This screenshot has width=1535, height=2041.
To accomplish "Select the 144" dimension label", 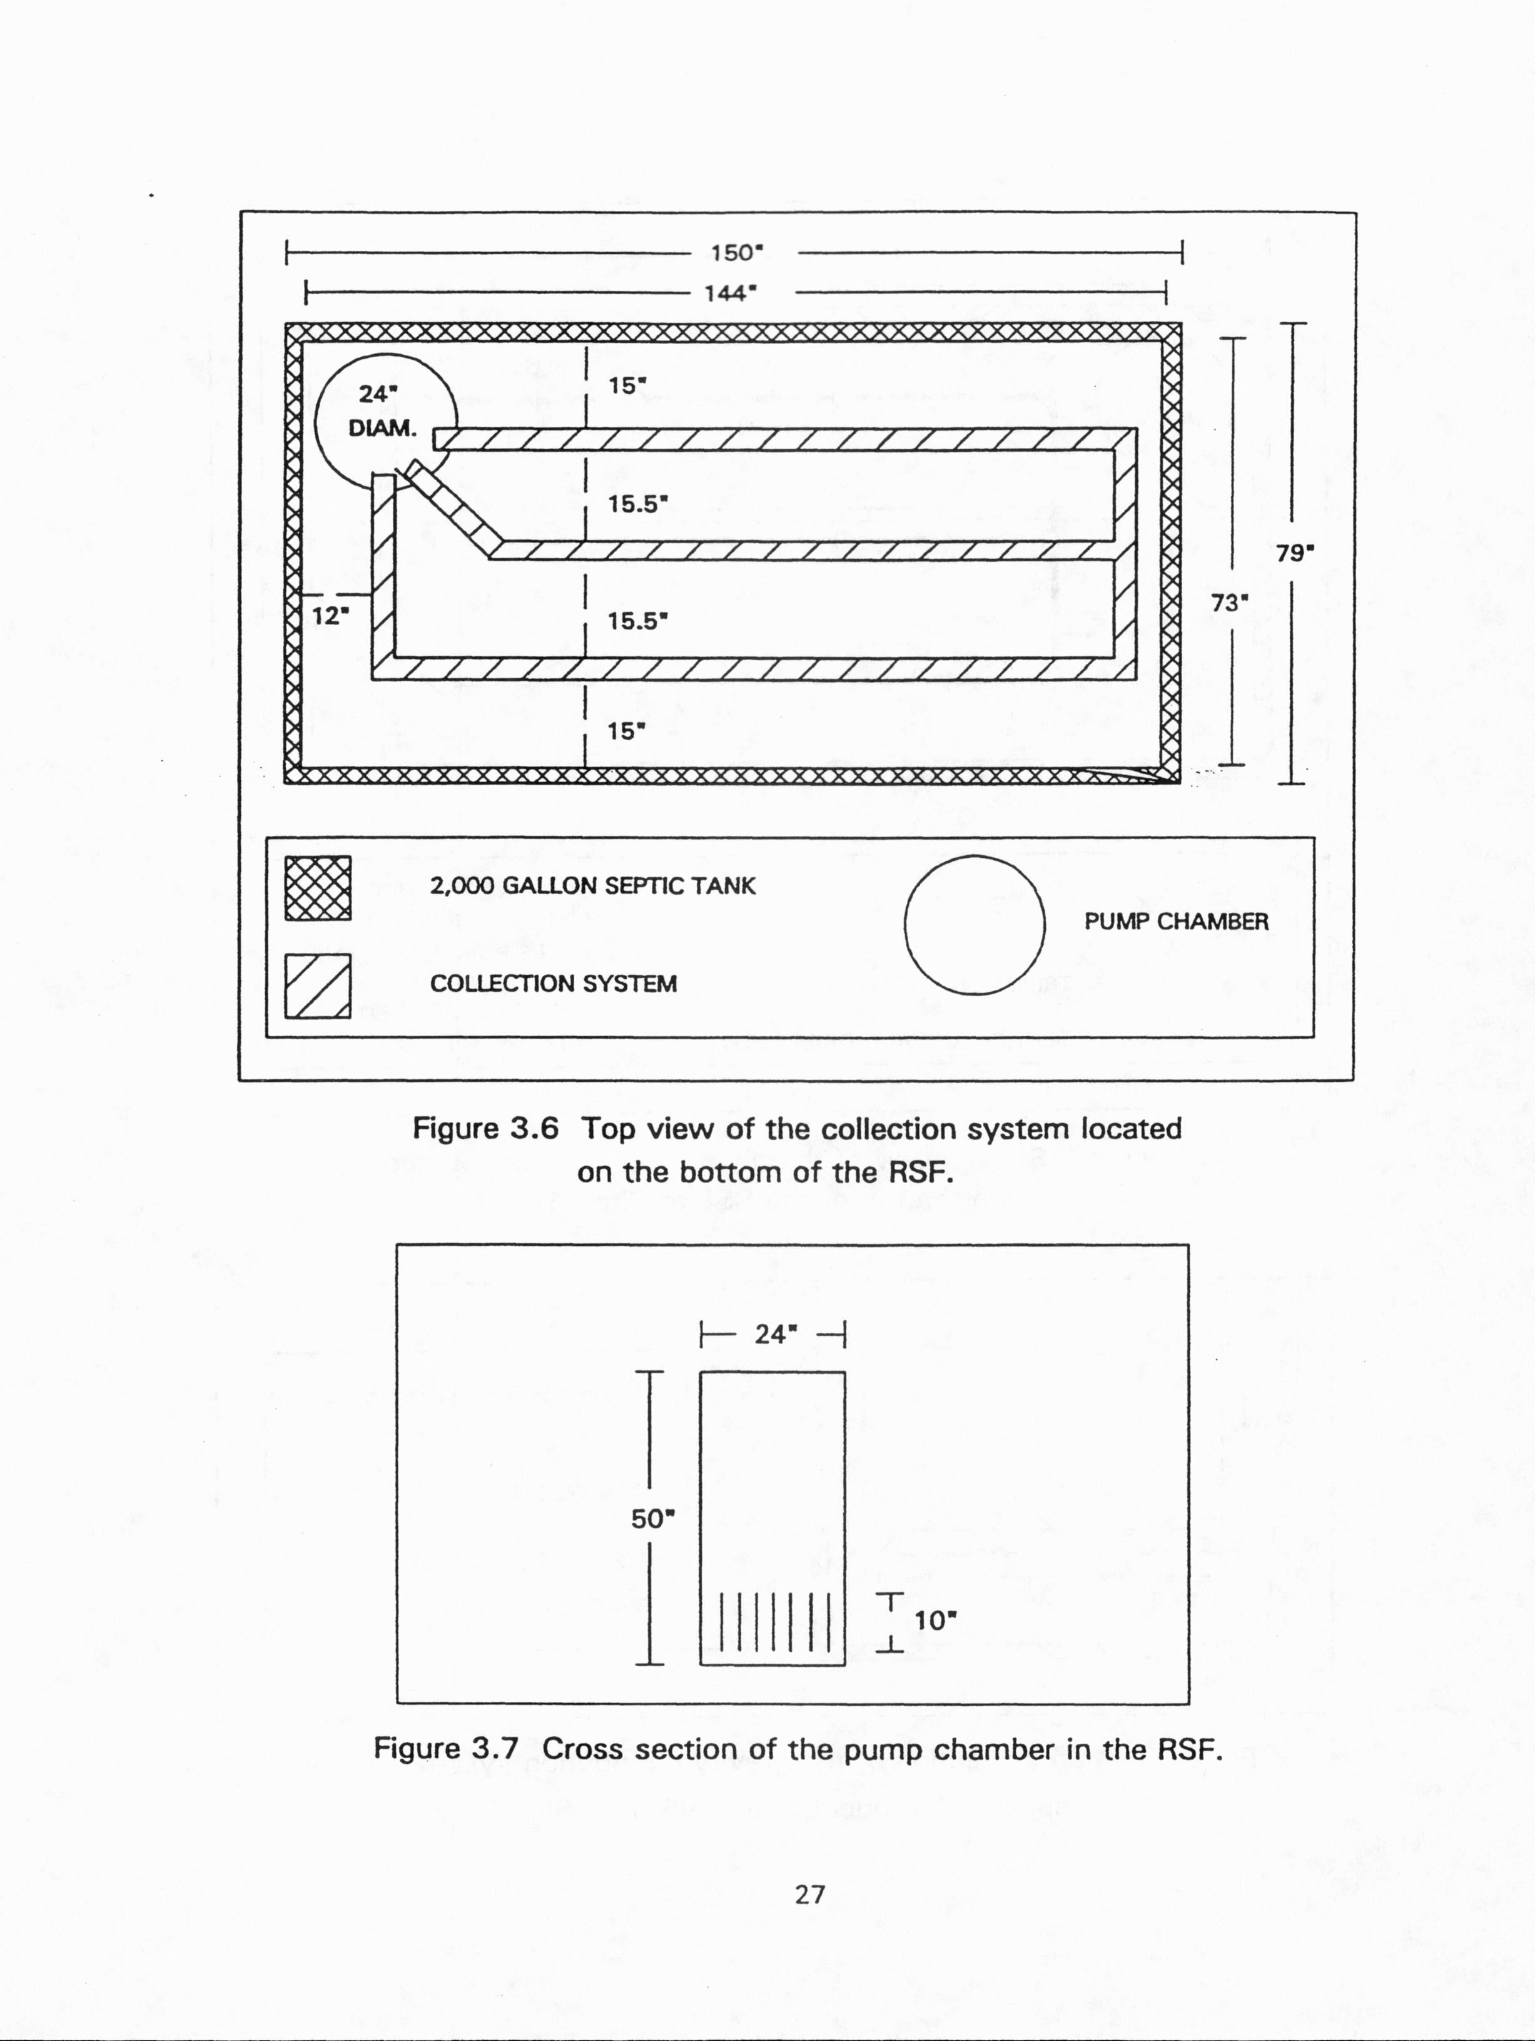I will click(731, 293).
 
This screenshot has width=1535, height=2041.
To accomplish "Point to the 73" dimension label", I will click(1230, 603).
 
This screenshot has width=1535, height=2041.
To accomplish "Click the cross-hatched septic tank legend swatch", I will click(317, 888).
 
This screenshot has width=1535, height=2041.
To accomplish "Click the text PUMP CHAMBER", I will click(1176, 922).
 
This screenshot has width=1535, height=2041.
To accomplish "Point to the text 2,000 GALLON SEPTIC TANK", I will click(592, 887).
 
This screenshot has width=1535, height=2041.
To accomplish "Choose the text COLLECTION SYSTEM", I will click(554, 984).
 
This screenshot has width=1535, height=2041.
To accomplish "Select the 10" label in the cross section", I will click(935, 1621).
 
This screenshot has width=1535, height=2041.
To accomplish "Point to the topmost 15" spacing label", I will click(626, 385).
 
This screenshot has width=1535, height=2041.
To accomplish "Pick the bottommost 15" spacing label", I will click(626, 731).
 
